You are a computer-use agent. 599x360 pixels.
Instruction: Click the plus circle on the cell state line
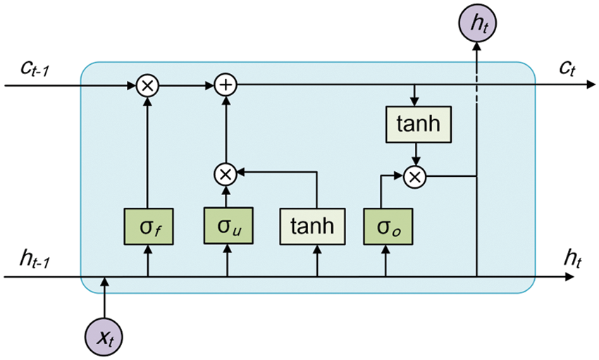click(226, 86)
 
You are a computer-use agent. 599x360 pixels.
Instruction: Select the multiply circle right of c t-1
click(147, 86)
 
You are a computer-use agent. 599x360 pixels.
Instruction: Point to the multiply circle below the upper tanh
click(415, 177)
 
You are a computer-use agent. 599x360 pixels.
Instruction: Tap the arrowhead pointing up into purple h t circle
click(478, 46)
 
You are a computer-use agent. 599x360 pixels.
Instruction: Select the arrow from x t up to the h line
click(104, 296)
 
